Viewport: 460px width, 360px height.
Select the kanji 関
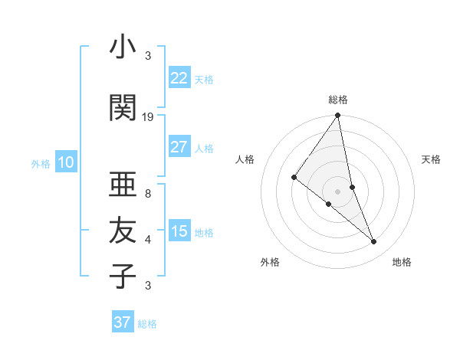tap(123, 108)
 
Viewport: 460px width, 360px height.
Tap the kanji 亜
tap(123, 185)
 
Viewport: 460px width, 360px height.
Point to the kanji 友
tap(123, 230)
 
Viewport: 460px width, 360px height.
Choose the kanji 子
tap(123, 276)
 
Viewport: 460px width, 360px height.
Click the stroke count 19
tap(148, 117)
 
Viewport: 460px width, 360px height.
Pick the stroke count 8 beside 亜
tap(148, 194)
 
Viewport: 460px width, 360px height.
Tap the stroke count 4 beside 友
tap(148, 240)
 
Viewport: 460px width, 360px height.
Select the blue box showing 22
tap(179, 78)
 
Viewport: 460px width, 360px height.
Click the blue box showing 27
tap(179, 147)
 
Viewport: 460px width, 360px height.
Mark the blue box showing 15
tap(179, 231)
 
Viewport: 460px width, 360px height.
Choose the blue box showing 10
tap(65, 162)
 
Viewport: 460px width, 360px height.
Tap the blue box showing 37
tap(122, 322)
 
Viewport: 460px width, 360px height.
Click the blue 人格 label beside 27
tap(204, 149)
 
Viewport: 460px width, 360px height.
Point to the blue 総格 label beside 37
tap(147, 324)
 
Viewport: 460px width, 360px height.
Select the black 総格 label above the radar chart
tap(338, 100)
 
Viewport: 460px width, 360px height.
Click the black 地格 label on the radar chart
tap(402, 262)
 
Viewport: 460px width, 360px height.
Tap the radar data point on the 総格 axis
tap(338, 116)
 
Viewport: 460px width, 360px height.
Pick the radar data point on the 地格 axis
tap(374, 242)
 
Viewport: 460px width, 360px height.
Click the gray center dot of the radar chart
tap(338, 191)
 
